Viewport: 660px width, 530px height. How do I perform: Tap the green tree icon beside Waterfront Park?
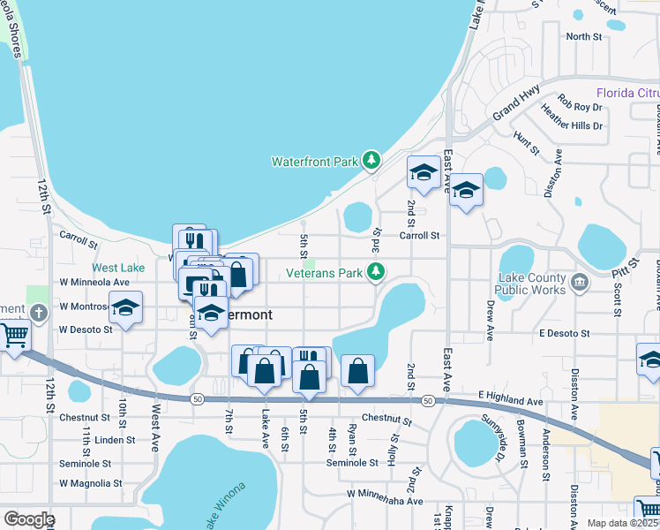click(372, 160)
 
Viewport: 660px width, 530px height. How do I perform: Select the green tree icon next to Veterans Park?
click(377, 271)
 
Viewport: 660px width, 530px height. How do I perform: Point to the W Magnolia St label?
click(90, 483)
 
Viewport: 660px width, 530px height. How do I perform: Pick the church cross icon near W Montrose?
click(38, 313)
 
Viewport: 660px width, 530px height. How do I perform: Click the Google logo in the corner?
click(28, 519)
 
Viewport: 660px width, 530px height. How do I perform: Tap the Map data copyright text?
click(620, 523)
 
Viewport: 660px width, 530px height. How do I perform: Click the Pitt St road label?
click(626, 275)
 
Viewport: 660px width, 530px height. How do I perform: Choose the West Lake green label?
click(118, 268)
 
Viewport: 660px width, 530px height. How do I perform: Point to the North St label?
click(583, 36)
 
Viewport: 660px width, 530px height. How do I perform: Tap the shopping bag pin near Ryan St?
click(357, 370)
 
